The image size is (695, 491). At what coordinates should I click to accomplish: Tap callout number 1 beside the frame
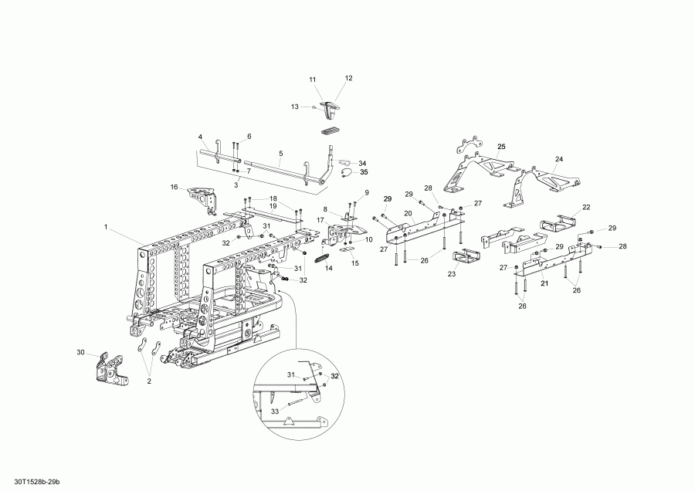(105, 227)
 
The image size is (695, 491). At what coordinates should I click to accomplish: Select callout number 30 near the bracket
(80, 353)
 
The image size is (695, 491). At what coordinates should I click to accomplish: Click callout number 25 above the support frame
(500, 146)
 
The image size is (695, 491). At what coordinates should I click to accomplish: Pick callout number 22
(586, 207)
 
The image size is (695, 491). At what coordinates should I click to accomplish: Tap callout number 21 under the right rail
(543, 283)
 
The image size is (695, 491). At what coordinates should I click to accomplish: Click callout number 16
(174, 187)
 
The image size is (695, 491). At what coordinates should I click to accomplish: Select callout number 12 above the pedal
(348, 78)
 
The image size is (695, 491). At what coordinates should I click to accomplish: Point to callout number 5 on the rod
(280, 153)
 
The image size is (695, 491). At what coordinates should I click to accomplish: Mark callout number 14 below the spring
(328, 269)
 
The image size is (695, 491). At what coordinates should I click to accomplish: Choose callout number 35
(364, 172)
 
